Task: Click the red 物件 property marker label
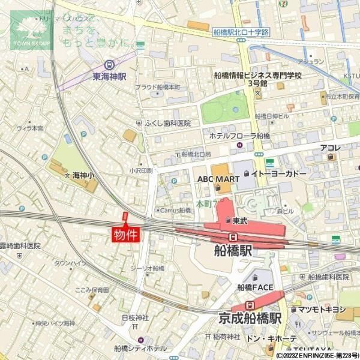[x=126, y=234]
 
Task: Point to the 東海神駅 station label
[x=109, y=77]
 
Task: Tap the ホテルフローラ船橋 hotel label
[x=239, y=136]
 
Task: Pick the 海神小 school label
[x=83, y=176]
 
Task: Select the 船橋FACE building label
[x=255, y=287]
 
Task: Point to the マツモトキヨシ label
[x=322, y=309]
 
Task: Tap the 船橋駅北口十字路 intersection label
[x=241, y=32]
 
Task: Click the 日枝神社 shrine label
[x=134, y=317]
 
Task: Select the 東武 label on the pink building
[x=240, y=220]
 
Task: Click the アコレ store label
[x=330, y=148]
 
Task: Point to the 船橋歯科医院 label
[x=328, y=277]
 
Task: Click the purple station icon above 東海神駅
[x=109, y=65]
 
